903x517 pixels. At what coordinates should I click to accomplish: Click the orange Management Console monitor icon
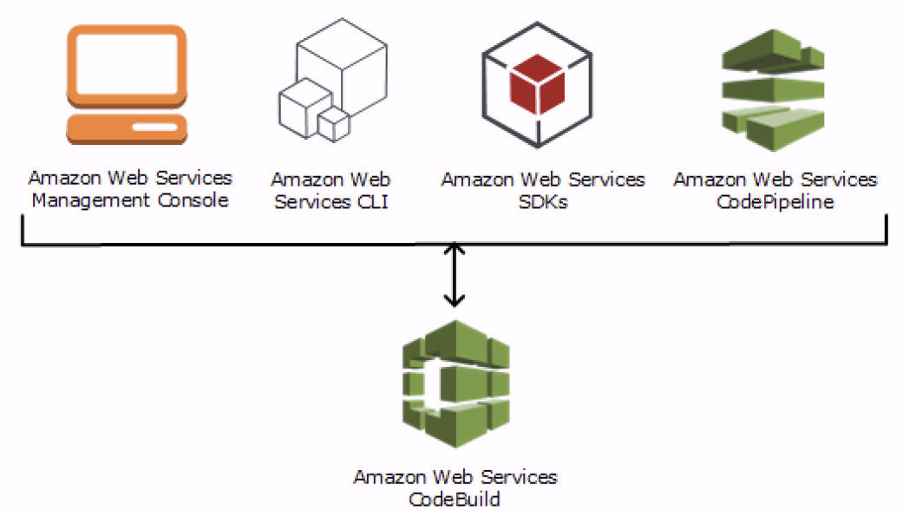pos(128,87)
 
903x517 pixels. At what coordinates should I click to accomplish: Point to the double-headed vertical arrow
pos(454,274)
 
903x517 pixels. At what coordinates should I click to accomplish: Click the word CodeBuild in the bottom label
pos(455,500)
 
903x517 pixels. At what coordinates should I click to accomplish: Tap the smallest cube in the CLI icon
pos(332,124)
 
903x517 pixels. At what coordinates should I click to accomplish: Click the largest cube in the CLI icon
pos(340,61)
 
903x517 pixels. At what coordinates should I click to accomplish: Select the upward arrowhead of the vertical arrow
pos(454,250)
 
